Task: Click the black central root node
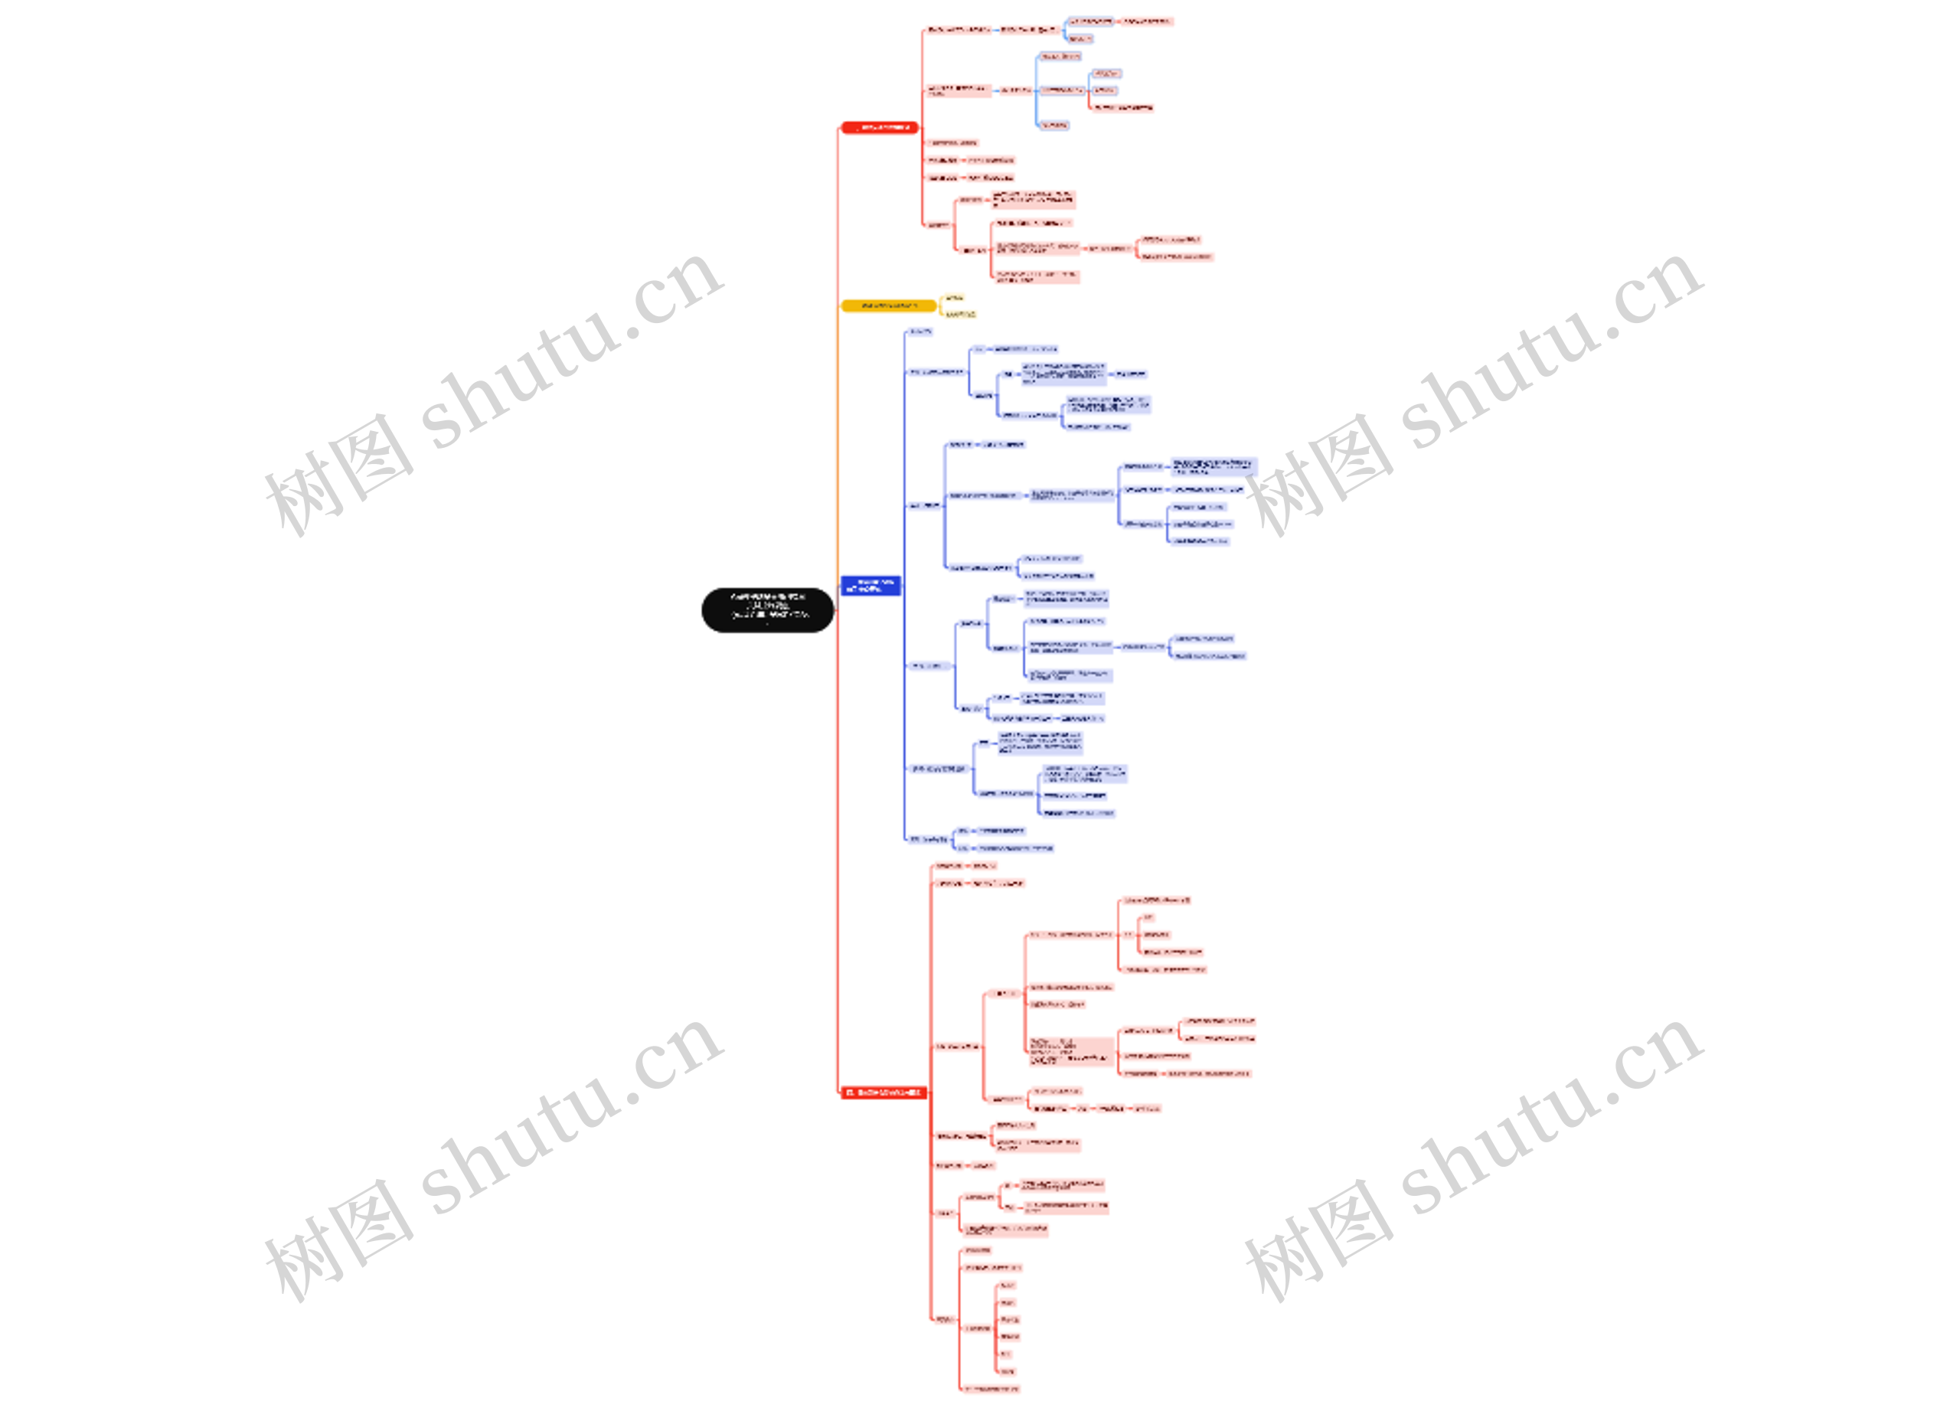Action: (x=766, y=609)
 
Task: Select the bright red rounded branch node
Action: (x=879, y=127)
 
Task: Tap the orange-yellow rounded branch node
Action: (x=887, y=305)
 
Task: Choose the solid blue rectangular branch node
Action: (x=871, y=585)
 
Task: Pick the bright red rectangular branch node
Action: (x=882, y=1093)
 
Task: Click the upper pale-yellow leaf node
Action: (x=953, y=297)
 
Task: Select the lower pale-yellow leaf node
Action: (x=959, y=314)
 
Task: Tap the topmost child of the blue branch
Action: (x=920, y=331)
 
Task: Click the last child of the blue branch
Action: (x=928, y=838)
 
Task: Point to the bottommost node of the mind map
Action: (x=991, y=1389)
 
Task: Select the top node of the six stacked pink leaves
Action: (x=1007, y=1285)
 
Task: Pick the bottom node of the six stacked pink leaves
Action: (x=1007, y=1370)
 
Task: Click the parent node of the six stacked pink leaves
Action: (x=978, y=1328)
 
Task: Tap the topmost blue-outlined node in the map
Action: (x=1090, y=21)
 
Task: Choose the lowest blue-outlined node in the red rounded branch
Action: (x=1053, y=125)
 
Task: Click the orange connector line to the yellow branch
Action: (x=838, y=432)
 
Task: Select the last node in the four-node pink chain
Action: (x=1147, y=1108)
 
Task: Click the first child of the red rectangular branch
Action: (x=949, y=865)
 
